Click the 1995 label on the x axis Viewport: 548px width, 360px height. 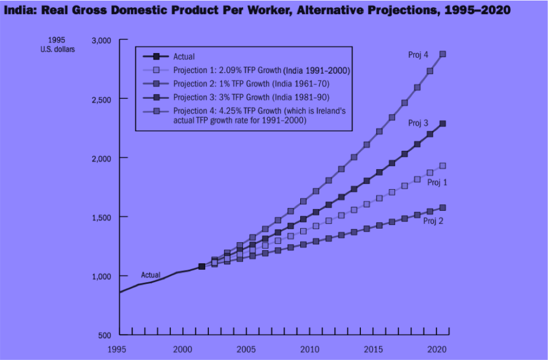(x=120, y=349)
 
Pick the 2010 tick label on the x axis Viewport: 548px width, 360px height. (x=310, y=349)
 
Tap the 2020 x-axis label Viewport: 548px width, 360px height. (x=435, y=349)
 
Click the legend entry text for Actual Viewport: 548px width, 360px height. (x=184, y=56)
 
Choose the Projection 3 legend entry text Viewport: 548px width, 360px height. (x=251, y=97)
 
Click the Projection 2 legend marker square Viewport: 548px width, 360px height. (x=156, y=84)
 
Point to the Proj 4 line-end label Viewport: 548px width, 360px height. (x=418, y=55)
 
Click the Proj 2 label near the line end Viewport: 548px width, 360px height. (x=433, y=221)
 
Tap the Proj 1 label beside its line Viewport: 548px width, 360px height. (x=437, y=183)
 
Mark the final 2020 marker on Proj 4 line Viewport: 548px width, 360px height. (x=443, y=54)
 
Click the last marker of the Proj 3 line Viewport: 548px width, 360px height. (x=443, y=124)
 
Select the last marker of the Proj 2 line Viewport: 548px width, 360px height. (x=443, y=208)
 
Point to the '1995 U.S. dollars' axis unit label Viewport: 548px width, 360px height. (x=57, y=45)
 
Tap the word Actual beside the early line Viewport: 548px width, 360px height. (x=150, y=276)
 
